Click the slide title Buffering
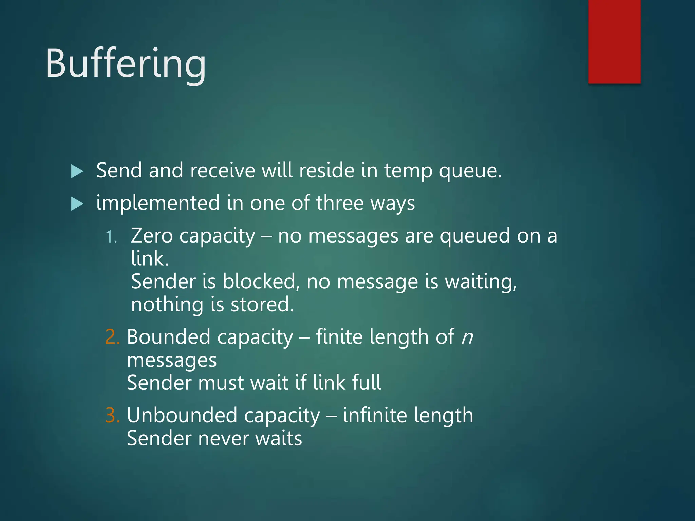tap(126, 64)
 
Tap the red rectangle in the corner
tap(614, 41)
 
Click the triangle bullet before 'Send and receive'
tap(77, 171)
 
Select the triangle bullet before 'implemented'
tap(77, 204)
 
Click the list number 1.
tap(111, 237)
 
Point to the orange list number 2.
tap(112, 337)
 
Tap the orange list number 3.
tap(112, 415)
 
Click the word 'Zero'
tap(152, 236)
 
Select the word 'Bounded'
tap(168, 337)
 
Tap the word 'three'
tap(340, 203)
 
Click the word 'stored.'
tap(262, 304)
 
